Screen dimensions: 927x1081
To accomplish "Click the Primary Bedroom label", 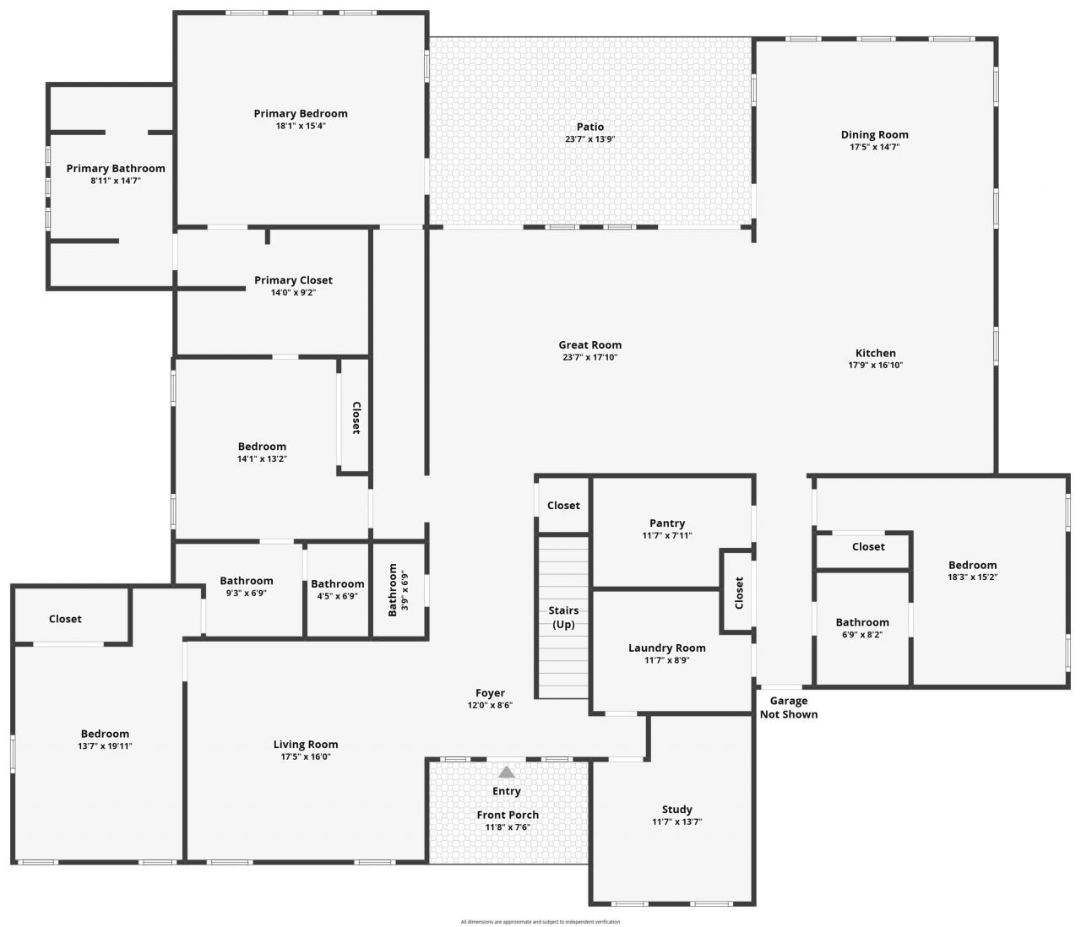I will click(x=301, y=114).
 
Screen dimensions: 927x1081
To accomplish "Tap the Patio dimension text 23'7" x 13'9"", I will click(x=590, y=139).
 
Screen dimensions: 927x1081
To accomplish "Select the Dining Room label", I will click(x=874, y=135).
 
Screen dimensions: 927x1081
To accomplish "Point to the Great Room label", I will click(x=589, y=344).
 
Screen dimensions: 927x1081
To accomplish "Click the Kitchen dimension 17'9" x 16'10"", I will click(x=876, y=366).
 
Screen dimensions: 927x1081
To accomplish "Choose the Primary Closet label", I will click(x=293, y=280).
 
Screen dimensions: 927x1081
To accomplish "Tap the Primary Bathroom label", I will click(x=116, y=169).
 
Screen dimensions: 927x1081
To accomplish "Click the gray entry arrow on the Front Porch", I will click(x=507, y=772).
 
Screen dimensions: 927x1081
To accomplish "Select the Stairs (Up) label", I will click(x=563, y=617).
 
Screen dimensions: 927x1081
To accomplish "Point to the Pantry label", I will click(x=667, y=523).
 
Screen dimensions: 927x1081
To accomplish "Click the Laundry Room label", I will click(x=666, y=648).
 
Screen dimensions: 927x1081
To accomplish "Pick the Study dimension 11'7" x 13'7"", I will click(x=676, y=822).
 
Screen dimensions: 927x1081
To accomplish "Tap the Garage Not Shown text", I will click(x=789, y=707).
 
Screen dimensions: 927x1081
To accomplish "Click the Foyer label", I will click(x=490, y=693).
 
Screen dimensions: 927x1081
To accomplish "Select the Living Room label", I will click(x=306, y=745).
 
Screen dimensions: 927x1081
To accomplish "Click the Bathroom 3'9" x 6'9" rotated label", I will click(x=393, y=590).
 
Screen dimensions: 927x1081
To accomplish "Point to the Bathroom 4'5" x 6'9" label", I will click(x=338, y=584).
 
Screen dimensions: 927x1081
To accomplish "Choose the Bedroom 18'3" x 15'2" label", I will click(x=972, y=566).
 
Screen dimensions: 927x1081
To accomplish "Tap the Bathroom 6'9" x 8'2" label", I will click(x=862, y=623).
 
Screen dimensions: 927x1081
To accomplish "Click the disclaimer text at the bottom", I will click(x=540, y=922).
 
